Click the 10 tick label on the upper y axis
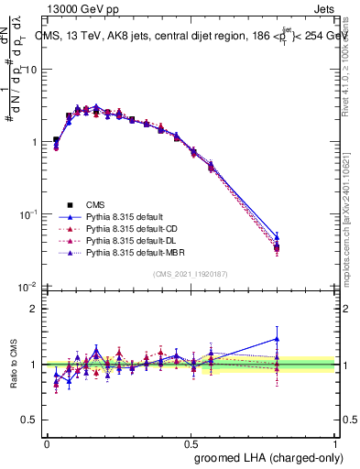pos(33,70)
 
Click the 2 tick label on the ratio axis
pos(37,309)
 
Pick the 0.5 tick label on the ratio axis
pos(33,420)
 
